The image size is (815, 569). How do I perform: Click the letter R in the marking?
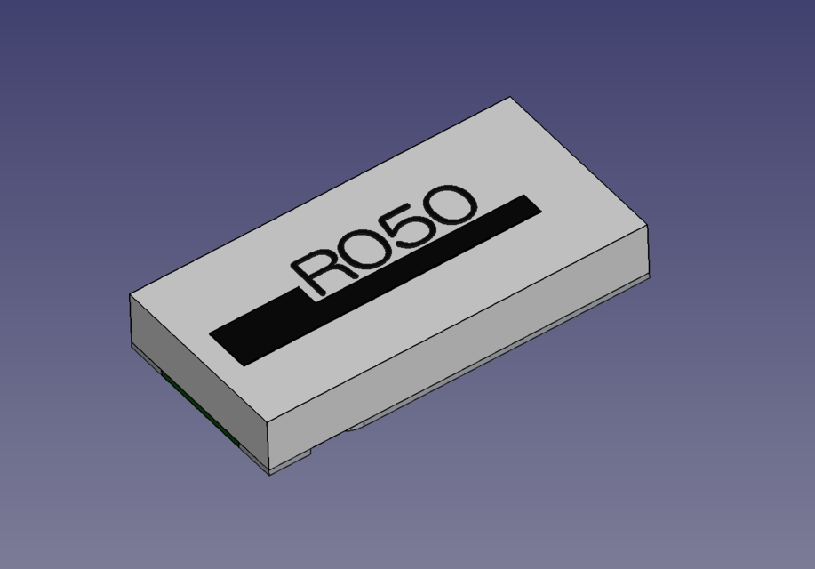click(320, 269)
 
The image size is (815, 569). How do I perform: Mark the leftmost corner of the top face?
click(131, 295)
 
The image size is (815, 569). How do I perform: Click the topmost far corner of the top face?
click(510, 98)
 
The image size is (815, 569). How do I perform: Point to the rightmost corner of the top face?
click(647, 228)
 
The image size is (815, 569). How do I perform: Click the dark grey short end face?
click(196, 365)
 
